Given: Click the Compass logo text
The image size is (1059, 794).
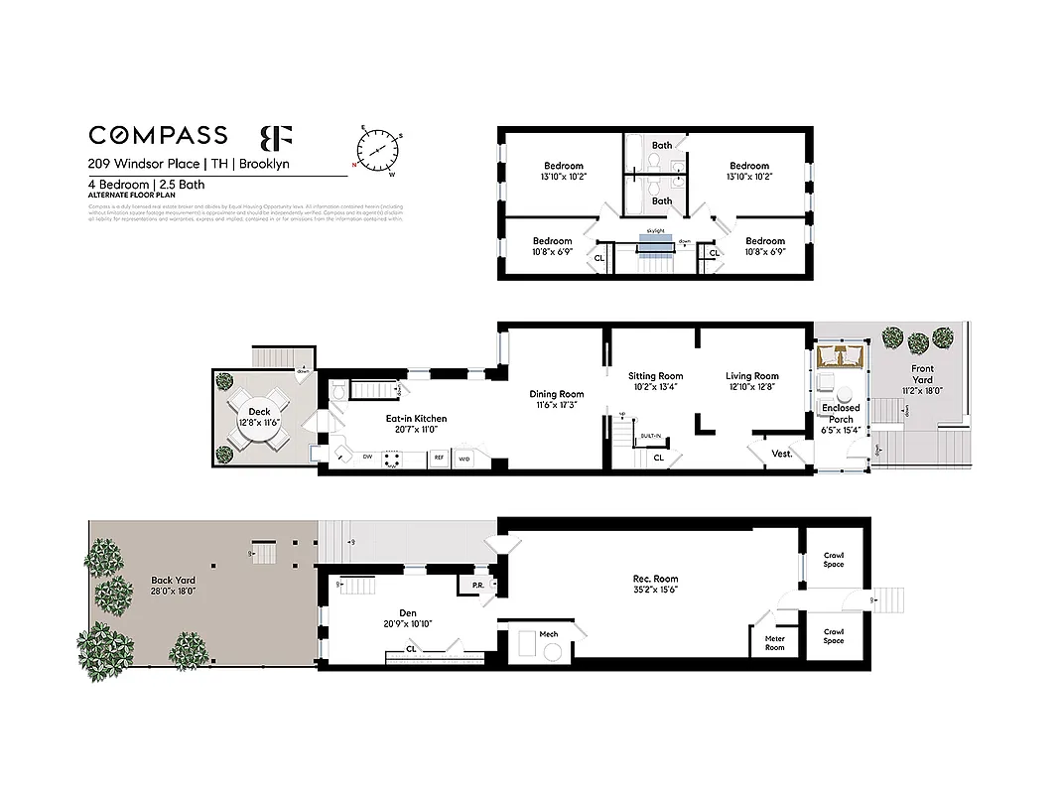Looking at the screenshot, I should tap(158, 135).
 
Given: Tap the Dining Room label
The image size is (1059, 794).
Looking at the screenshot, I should tap(557, 394).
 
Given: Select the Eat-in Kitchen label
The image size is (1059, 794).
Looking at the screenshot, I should tap(417, 419).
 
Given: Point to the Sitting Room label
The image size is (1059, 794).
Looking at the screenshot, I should tap(656, 376).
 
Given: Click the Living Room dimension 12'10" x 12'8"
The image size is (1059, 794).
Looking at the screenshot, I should tap(752, 387).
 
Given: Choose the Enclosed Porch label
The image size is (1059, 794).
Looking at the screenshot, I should tap(841, 413).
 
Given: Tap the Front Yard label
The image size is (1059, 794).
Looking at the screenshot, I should tap(922, 369).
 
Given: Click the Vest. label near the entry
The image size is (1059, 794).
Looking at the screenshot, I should tap(782, 454).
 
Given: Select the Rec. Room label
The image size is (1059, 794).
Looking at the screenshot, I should tap(655, 579).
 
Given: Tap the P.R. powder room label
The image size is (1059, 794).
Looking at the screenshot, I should tap(477, 585).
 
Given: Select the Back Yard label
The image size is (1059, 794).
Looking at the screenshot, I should tap(173, 581).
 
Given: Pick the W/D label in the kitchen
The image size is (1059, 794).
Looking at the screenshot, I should tap(464, 459).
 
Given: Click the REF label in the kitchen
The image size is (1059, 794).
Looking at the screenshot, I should tap(437, 459).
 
